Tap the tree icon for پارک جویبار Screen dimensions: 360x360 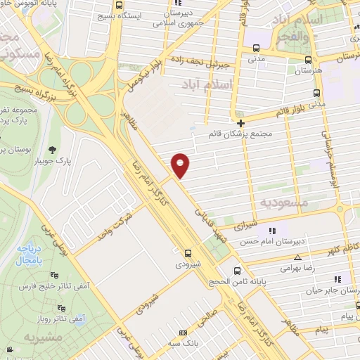(53, 149)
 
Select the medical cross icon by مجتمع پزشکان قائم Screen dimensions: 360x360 (241, 122)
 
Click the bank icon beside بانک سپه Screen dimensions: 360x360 (184, 333)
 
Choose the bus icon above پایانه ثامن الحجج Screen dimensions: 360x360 (237, 270)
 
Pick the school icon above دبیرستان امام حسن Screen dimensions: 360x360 (273, 230)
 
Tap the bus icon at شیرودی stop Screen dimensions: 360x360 (188, 253)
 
